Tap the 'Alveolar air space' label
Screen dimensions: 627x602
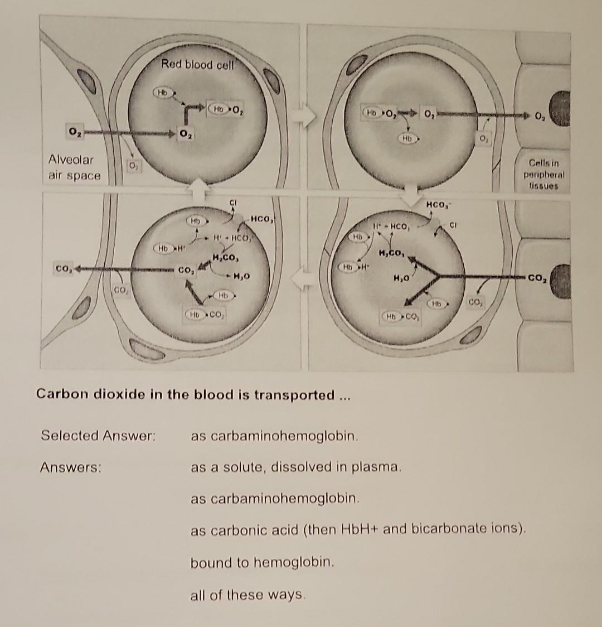point(75,167)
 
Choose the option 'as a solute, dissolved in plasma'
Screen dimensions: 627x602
point(296,466)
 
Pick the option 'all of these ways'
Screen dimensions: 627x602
point(248,595)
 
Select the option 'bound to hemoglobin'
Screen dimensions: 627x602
point(263,562)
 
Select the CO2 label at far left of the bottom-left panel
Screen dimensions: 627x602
point(62,269)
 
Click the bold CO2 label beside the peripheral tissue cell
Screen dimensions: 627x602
point(537,276)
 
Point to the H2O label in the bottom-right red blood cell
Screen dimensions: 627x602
point(403,277)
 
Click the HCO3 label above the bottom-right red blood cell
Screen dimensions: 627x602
point(436,206)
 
